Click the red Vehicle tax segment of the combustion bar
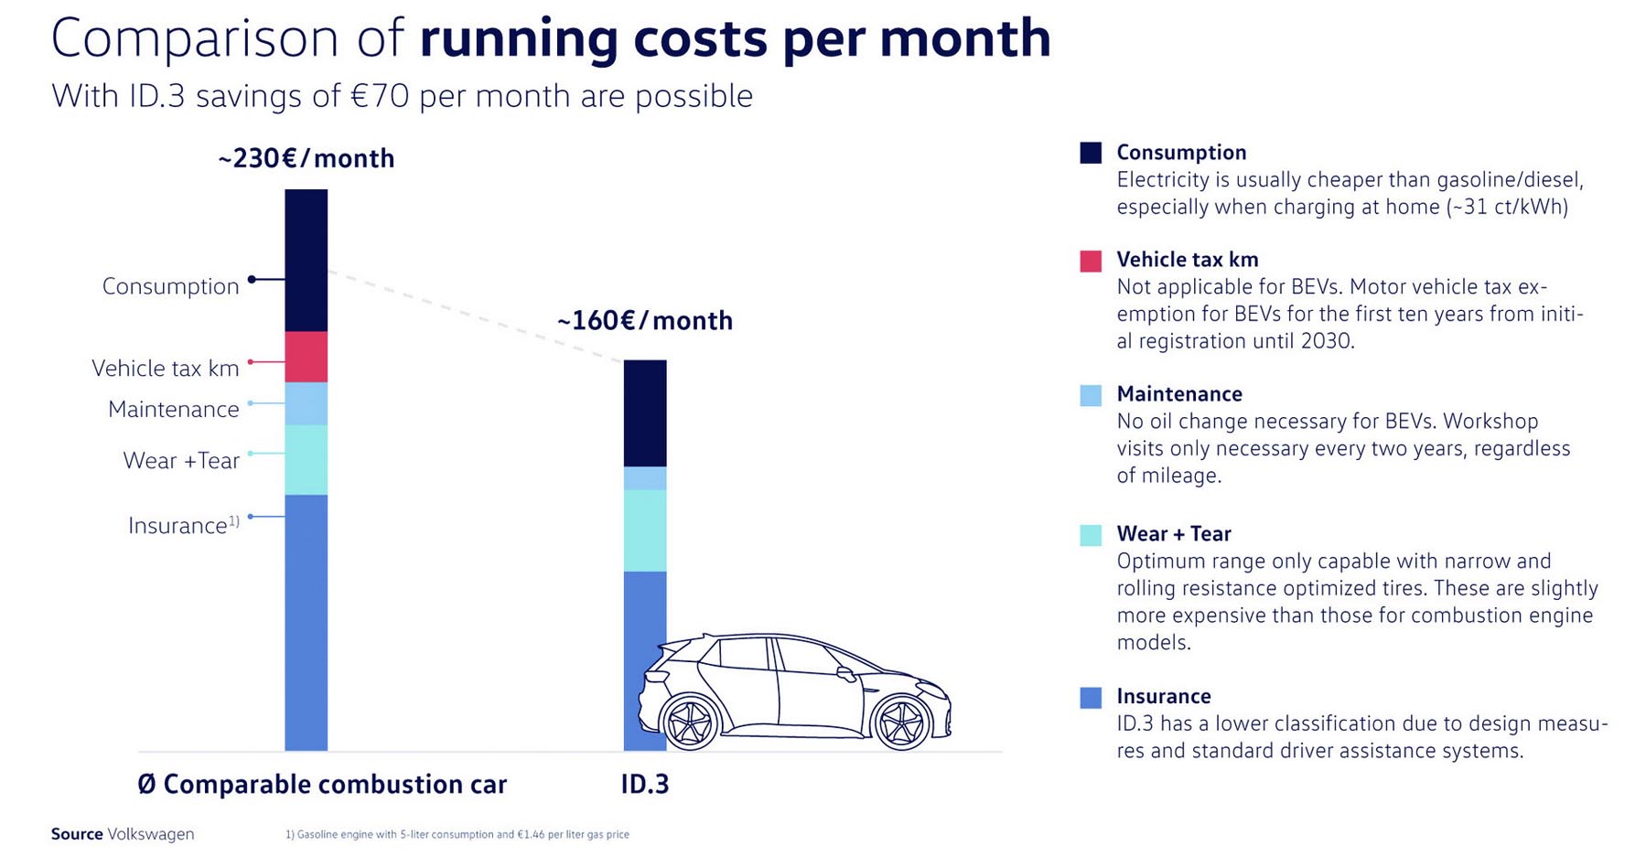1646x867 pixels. [306, 357]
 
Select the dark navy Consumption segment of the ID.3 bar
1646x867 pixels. [645, 413]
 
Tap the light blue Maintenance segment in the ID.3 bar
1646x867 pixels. [645, 478]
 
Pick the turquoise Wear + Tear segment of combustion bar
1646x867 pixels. [306, 460]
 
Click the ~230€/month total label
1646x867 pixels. [306, 158]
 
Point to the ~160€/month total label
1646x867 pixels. [644, 321]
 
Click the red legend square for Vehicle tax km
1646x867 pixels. [1091, 262]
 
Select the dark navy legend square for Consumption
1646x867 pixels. [1091, 153]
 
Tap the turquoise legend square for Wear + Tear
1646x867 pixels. [1091, 535]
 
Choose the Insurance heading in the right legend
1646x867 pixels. [1163, 696]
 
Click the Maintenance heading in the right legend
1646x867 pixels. [1179, 394]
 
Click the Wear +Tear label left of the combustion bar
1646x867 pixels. [181, 460]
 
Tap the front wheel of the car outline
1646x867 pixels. [902, 722]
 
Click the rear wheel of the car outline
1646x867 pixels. [689, 722]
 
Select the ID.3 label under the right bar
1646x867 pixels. [645, 785]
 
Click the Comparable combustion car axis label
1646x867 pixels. [322, 785]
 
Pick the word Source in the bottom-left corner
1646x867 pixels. [77, 834]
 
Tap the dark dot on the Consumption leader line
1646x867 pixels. [252, 279]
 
